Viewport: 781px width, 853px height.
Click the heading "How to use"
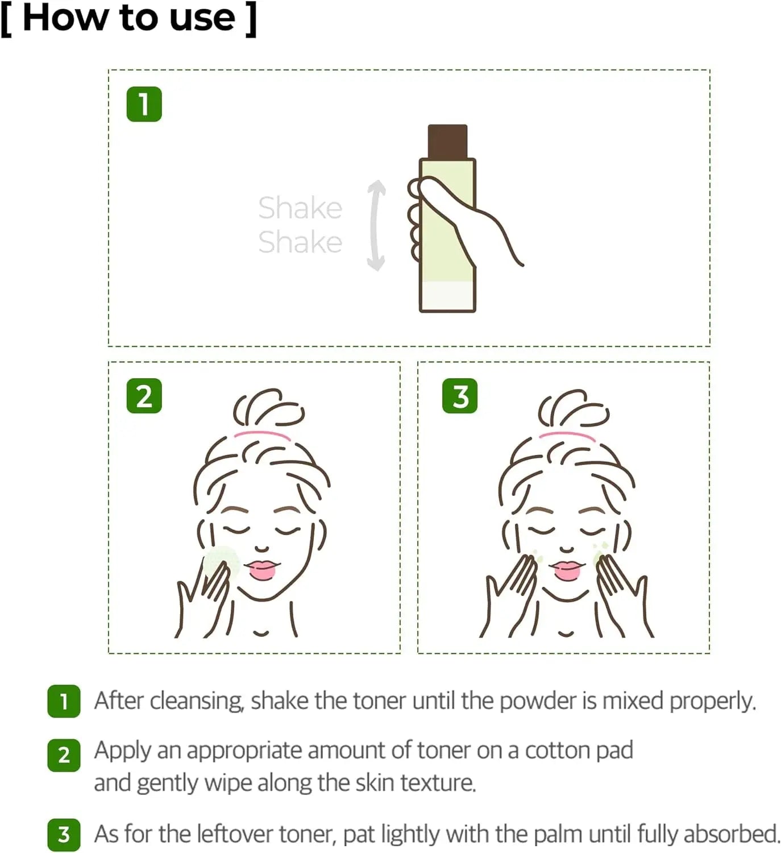click(x=128, y=18)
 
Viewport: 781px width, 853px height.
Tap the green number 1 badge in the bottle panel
click(x=144, y=104)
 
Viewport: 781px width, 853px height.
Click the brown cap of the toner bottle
click(x=447, y=141)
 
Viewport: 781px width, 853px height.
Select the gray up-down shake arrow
click(x=376, y=225)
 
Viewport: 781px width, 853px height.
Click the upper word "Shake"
click(x=300, y=208)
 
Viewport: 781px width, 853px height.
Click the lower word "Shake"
click(x=300, y=242)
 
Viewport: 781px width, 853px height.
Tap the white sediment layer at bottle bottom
click(x=447, y=296)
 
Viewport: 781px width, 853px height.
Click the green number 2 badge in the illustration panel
click(x=144, y=396)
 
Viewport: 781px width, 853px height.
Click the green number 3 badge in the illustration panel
click(x=460, y=396)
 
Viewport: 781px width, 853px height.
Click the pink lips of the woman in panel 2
click(x=262, y=569)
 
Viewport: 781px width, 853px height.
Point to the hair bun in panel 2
click(x=267, y=408)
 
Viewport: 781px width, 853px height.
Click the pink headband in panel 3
click(x=567, y=436)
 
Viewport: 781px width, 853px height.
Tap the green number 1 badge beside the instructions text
click(x=64, y=701)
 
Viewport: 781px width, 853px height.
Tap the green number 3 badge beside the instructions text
click(x=64, y=834)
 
